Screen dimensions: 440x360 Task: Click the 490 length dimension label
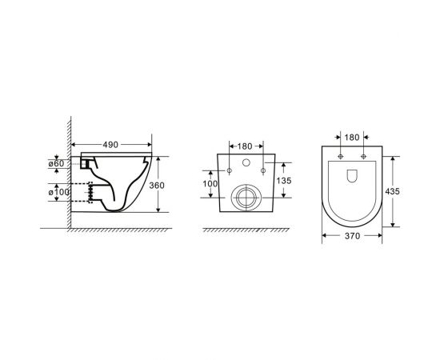(110, 145)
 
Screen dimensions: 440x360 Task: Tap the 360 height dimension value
(157, 186)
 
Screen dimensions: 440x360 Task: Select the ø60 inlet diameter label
(56, 163)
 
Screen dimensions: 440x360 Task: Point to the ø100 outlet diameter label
(59, 192)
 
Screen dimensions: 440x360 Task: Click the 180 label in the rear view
(245, 146)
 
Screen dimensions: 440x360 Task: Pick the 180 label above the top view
(352, 138)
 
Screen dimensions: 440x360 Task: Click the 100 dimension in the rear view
(210, 184)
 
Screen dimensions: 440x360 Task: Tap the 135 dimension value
(284, 181)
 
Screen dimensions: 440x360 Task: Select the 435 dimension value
(392, 191)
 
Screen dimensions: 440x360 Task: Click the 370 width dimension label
(352, 236)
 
